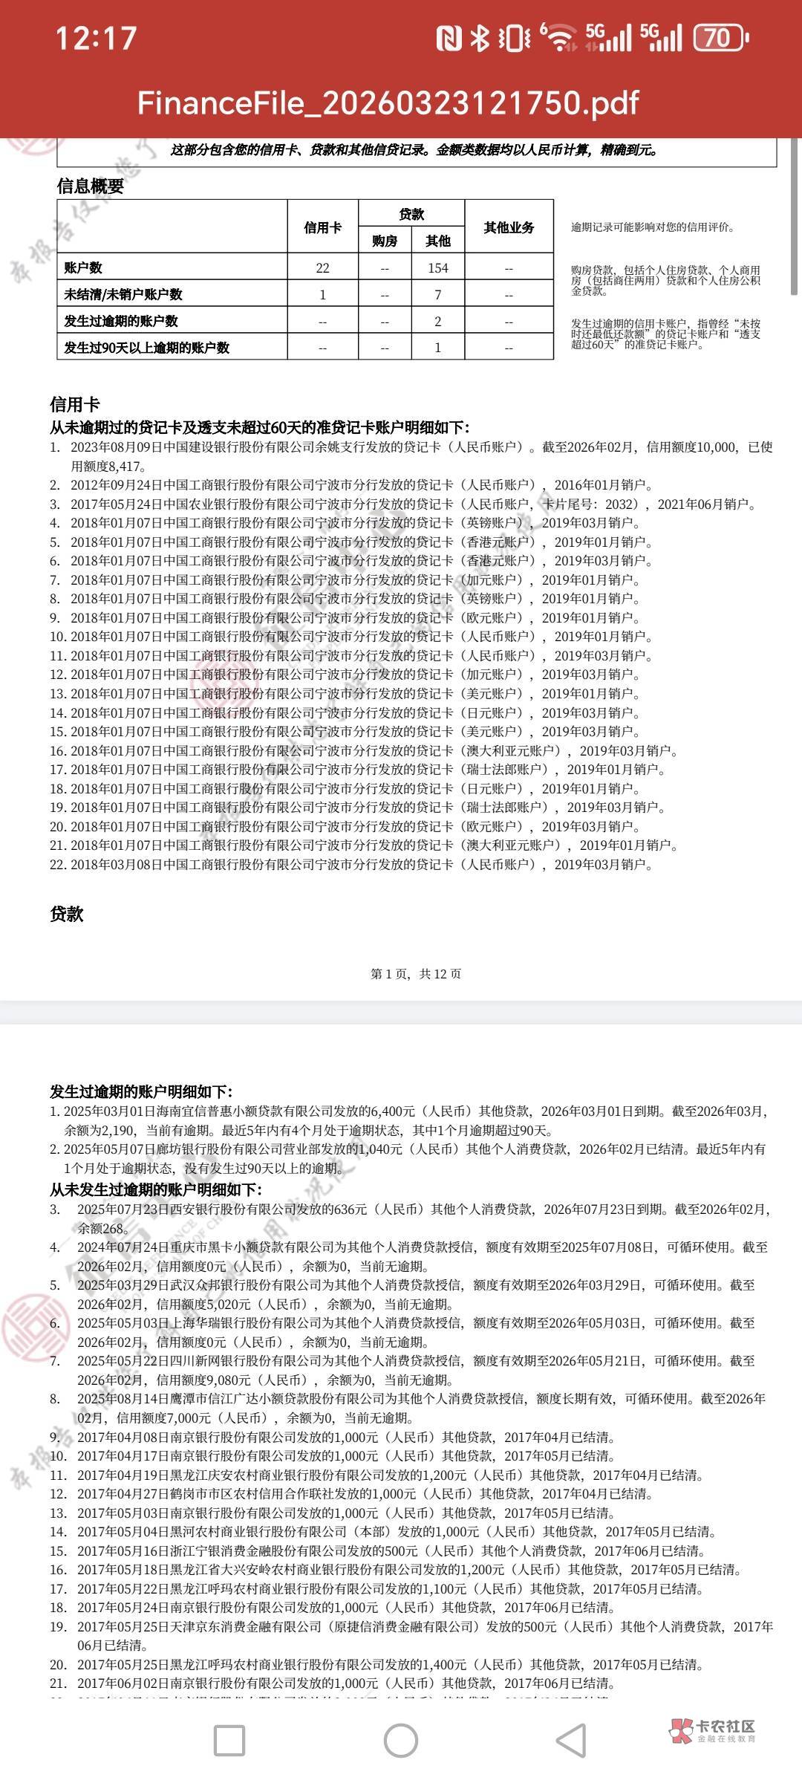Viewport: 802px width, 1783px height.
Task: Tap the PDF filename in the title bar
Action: pyautogui.click(x=388, y=103)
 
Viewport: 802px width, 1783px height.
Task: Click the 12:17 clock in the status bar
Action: pyautogui.click(x=97, y=38)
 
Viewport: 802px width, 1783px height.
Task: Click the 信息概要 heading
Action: pyautogui.click(x=91, y=186)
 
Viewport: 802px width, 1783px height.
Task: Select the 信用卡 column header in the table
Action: pyautogui.click(x=322, y=227)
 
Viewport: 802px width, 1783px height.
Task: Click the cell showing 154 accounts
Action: pyautogui.click(x=437, y=267)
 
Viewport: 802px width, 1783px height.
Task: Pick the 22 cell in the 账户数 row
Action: pyautogui.click(x=322, y=267)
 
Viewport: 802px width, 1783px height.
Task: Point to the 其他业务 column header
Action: pyautogui.click(x=509, y=227)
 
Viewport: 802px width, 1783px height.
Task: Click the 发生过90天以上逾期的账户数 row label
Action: pyautogui.click(x=147, y=348)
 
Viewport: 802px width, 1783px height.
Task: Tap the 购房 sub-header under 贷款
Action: pyautogui.click(x=384, y=241)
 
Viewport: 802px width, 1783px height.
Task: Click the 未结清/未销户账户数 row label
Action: pyautogui.click(x=123, y=294)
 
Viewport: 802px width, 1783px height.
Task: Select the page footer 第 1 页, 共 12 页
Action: pyautogui.click(x=416, y=973)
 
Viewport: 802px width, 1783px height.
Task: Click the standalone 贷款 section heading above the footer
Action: pyautogui.click(x=67, y=914)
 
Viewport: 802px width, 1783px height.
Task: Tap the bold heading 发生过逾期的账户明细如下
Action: pyautogui.click(x=141, y=1091)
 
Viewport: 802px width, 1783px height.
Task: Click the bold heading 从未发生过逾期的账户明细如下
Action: pyautogui.click(x=156, y=1189)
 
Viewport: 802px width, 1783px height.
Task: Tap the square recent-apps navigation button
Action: pyautogui.click(x=229, y=1740)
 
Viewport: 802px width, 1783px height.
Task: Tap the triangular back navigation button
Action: pyautogui.click(x=571, y=1740)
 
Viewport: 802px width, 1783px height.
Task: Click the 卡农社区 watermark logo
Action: pyautogui.click(x=712, y=1730)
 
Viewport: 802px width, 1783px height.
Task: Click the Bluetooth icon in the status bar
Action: pyautogui.click(x=480, y=38)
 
